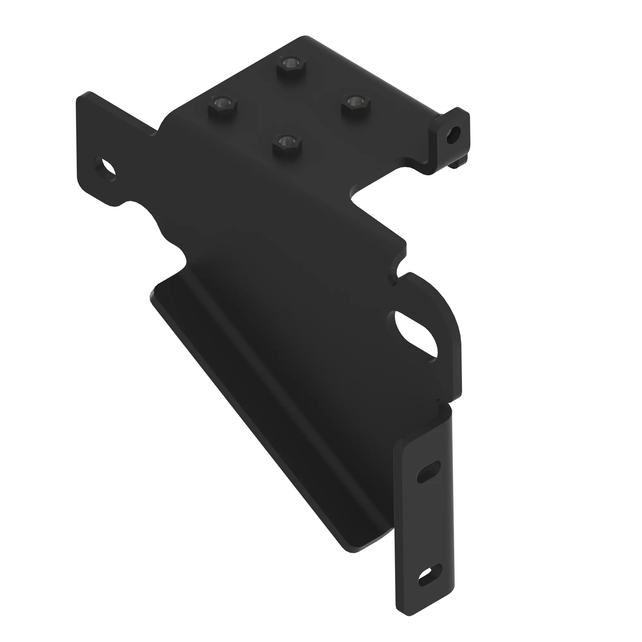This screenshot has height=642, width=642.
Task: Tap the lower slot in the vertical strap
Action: tap(431, 575)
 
